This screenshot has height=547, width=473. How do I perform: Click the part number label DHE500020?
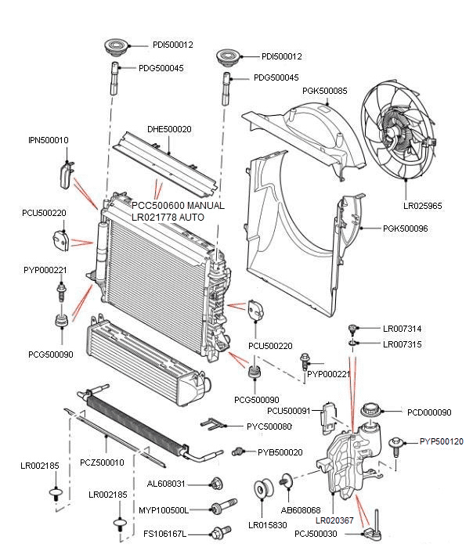(x=170, y=129)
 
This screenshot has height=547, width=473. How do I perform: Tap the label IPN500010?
(x=49, y=140)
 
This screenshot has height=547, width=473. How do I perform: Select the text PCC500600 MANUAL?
(x=178, y=206)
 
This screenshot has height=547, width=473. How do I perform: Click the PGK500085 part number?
(x=324, y=92)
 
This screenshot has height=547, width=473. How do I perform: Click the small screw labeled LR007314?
(x=353, y=328)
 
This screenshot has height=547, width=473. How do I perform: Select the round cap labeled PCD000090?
(x=371, y=411)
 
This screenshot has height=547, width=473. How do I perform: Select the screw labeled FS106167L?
(x=219, y=534)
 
